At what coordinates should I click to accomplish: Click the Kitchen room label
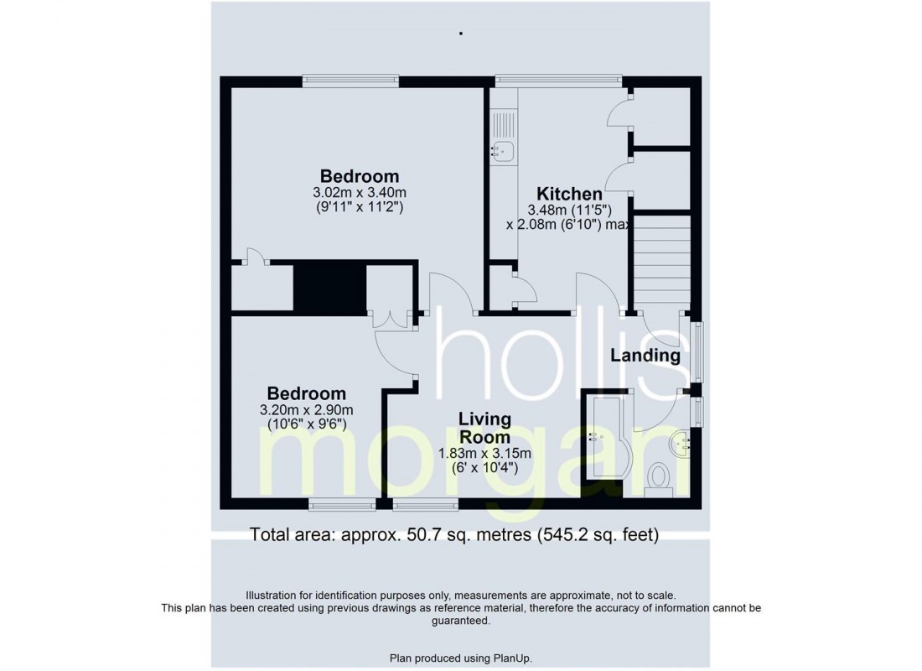(x=569, y=194)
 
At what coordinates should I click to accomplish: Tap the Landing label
(x=645, y=355)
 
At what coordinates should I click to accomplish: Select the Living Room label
(x=484, y=427)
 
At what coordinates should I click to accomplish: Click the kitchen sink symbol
(x=502, y=151)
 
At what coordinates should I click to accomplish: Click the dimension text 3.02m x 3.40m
(x=360, y=192)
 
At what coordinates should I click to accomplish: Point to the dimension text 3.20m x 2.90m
(x=306, y=410)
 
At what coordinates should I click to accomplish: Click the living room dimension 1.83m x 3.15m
(x=484, y=454)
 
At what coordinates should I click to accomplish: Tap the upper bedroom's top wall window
(x=351, y=81)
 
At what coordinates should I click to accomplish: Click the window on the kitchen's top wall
(x=558, y=81)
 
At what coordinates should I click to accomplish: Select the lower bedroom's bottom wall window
(x=341, y=504)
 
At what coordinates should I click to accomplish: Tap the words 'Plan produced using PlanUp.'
(x=460, y=658)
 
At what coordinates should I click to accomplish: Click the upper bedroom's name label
(x=360, y=176)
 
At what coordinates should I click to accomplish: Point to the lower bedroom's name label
(x=306, y=393)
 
